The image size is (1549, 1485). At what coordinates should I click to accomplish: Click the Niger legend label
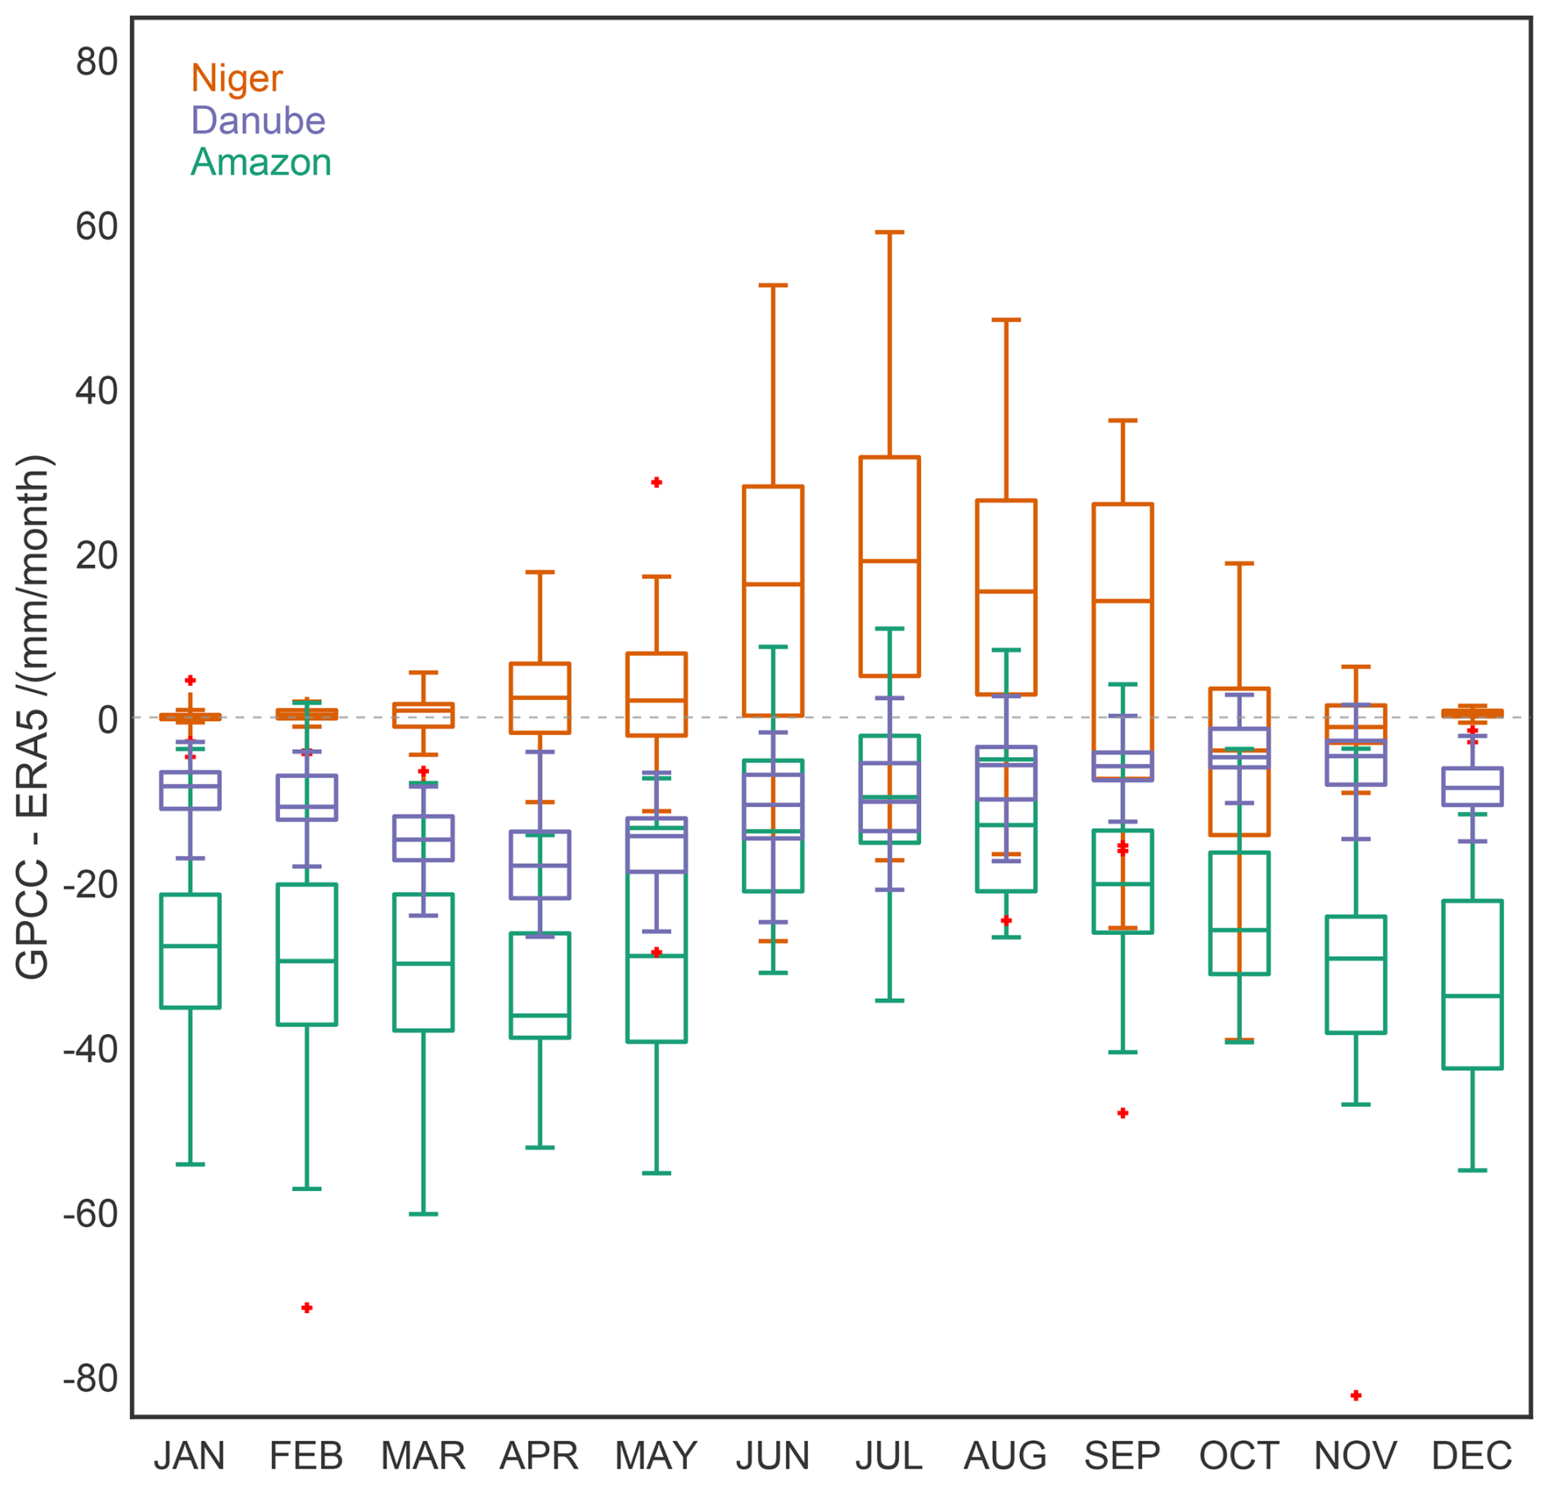pyautogui.click(x=237, y=79)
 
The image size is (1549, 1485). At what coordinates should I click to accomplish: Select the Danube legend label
pyautogui.click(x=258, y=120)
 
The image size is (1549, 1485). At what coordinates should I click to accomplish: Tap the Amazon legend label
pyautogui.click(x=260, y=162)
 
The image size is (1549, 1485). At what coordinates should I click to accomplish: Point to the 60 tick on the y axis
pyautogui.click(x=97, y=227)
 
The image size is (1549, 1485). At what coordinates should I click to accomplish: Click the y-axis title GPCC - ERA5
pyautogui.click(x=34, y=716)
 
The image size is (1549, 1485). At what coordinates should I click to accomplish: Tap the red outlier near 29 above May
pyautogui.click(x=657, y=483)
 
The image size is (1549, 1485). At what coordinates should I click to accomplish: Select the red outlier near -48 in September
pyautogui.click(x=1122, y=1113)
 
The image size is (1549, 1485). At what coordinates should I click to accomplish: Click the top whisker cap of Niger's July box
pyautogui.click(x=889, y=232)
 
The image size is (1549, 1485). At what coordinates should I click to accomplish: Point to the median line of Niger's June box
pyautogui.click(x=773, y=585)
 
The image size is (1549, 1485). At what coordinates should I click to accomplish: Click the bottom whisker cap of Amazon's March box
pyautogui.click(x=423, y=1214)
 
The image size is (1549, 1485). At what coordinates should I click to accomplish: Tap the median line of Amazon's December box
pyautogui.click(x=1472, y=996)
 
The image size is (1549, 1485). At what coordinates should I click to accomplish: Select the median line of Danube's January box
pyautogui.click(x=190, y=786)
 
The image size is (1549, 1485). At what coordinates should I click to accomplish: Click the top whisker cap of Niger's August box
pyautogui.click(x=1006, y=320)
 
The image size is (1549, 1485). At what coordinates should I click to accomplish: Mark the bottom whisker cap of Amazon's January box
pyautogui.click(x=190, y=1164)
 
